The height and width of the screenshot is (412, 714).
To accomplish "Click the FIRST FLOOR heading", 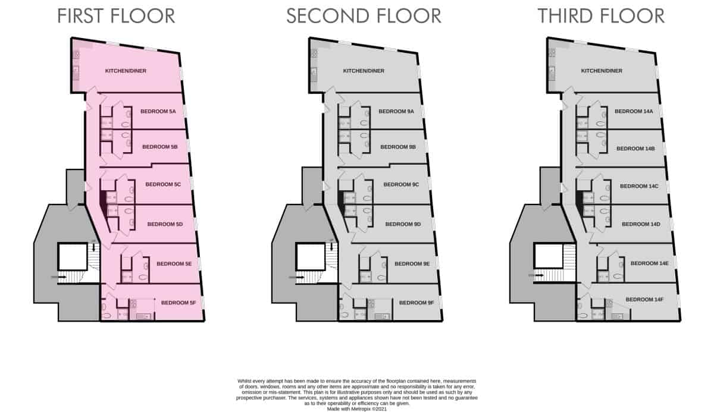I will [x=116, y=16].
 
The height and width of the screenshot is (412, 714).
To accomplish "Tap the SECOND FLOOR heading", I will [x=364, y=16].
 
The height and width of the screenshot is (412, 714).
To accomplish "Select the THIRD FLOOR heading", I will [x=601, y=16].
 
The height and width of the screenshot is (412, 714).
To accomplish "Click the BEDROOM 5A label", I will [x=158, y=111].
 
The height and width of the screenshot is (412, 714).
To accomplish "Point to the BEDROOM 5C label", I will [x=163, y=185].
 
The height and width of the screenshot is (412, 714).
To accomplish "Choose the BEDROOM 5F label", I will [x=178, y=303].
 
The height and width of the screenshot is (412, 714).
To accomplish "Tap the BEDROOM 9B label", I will [x=397, y=147].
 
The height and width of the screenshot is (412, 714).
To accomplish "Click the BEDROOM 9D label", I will [x=403, y=224].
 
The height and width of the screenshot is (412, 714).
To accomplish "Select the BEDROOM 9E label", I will [x=412, y=264].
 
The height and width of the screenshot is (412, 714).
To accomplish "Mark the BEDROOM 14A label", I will [x=634, y=111].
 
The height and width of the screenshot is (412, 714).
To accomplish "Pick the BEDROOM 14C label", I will [x=639, y=186].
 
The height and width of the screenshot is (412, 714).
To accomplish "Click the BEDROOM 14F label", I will [x=644, y=300].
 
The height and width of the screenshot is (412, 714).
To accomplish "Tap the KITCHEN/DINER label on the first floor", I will [x=126, y=71].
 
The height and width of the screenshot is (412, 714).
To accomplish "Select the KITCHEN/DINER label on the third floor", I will [x=602, y=71].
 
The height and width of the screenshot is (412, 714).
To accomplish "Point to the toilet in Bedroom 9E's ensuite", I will [x=381, y=277].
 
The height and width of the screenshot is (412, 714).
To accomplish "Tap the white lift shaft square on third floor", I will [x=548, y=256].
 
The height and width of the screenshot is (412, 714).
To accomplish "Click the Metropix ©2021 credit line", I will [x=356, y=408].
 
